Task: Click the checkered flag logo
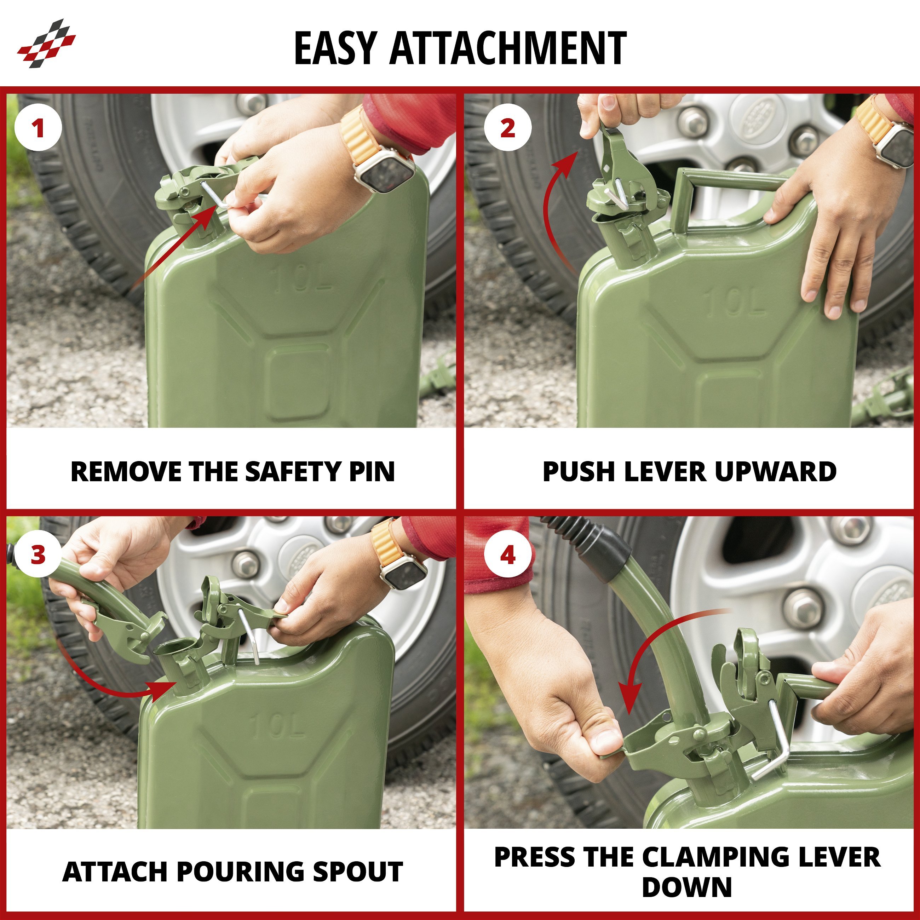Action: click(47, 43)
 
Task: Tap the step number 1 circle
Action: click(38, 128)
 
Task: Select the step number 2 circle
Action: click(508, 128)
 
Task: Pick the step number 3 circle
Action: click(38, 555)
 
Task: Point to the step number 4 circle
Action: click(508, 555)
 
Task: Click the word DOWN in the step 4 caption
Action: click(687, 887)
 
